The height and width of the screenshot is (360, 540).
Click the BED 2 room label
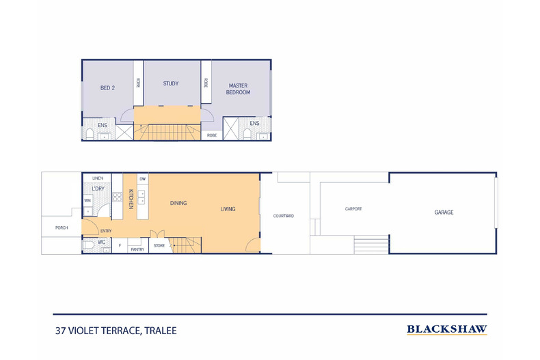pyautogui.click(x=107, y=87)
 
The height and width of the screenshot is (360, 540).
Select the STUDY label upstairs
pyautogui.click(x=171, y=83)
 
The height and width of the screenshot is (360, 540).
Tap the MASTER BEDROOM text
pyautogui.click(x=239, y=89)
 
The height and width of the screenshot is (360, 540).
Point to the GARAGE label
pyautogui.click(x=444, y=212)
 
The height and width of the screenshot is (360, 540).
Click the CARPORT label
pyautogui.click(x=353, y=209)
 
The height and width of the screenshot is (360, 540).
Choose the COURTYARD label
pyautogui.click(x=284, y=216)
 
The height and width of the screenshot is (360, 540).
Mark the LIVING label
pyautogui.click(x=228, y=209)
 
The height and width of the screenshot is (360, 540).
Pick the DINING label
pyautogui.click(x=178, y=203)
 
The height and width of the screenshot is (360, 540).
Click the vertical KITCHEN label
pyautogui.click(x=129, y=199)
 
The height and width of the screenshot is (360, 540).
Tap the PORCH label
pyautogui.click(x=52, y=228)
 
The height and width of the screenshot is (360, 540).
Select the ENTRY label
pyautogui.click(x=106, y=231)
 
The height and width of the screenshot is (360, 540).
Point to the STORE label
pyautogui.click(x=159, y=245)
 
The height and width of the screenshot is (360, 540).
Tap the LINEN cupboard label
pyautogui.click(x=97, y=178)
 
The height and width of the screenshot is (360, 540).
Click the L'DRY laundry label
pyautogui.click(x=98, y=188)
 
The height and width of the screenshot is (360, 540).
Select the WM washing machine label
pyautogui.click(x=87, y=200)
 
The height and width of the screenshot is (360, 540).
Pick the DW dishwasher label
pyautogui.click(x=142, y=178)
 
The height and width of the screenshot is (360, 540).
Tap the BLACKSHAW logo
pyautogui.click(x=446, y=329)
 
